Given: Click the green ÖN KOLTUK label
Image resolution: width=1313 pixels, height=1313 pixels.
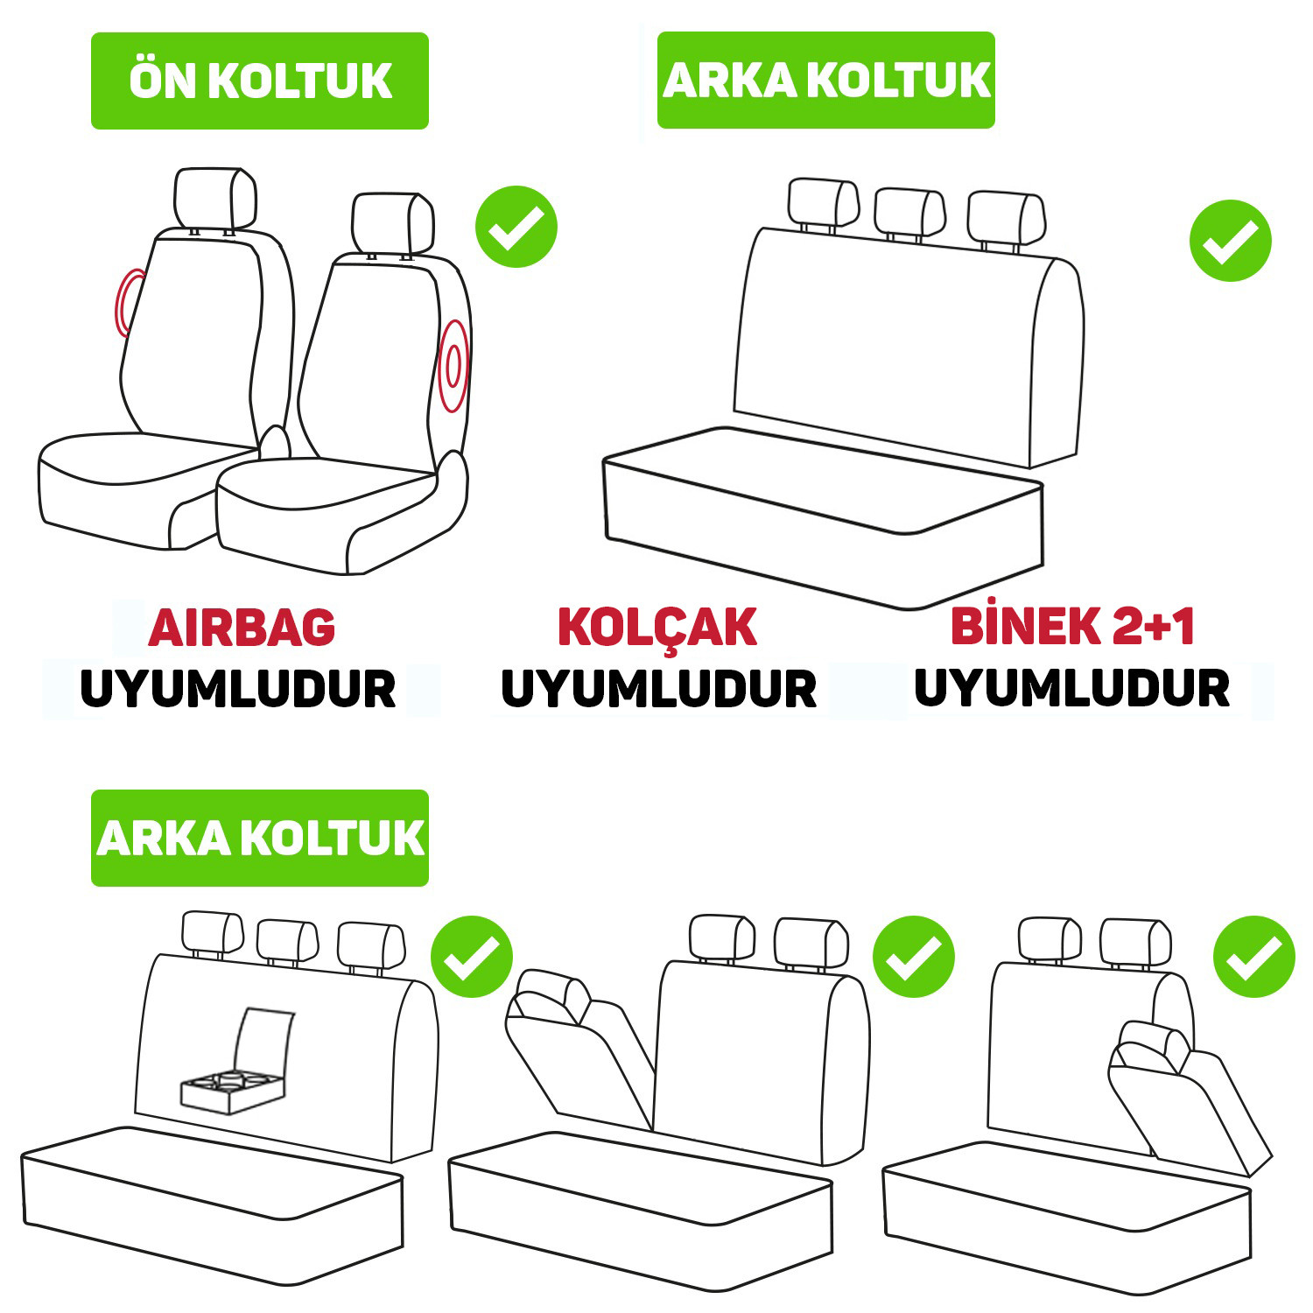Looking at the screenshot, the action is tap(260, 81).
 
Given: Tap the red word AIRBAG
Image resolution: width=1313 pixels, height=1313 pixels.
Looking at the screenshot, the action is tap(242, 628).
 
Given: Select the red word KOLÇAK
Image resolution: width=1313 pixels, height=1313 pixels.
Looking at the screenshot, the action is tap(657, 628).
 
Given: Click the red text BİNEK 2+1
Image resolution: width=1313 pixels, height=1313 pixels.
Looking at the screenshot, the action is tap(1072, 626).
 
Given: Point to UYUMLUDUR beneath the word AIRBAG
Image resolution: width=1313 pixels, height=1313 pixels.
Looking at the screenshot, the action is tap(238, 689).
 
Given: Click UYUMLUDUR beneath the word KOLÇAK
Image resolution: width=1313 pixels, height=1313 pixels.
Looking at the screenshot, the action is tap(659, 689).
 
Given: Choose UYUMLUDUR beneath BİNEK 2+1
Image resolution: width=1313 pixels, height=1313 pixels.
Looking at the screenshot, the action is tap(1072, 687).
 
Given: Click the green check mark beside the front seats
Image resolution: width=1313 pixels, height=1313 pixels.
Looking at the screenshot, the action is tap(516, 227).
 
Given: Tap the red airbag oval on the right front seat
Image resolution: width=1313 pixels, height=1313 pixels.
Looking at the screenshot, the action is tap(453, 366).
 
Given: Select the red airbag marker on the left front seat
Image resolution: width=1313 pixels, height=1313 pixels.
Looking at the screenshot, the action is tap(123, 302).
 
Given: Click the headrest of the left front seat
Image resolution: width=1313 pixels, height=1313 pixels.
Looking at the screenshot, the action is tap(215, 198).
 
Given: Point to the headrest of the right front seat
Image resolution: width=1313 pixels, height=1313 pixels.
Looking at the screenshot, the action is tap(393, 222).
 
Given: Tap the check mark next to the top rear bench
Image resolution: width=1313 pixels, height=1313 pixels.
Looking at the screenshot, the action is tap(1230, 241).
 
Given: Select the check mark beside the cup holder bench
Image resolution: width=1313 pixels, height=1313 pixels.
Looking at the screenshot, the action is tap(472, 957).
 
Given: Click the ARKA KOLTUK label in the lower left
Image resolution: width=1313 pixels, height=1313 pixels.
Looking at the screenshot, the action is tap(260, 838).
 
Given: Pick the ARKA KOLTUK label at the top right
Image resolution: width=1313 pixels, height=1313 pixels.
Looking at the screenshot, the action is tap(826, 80).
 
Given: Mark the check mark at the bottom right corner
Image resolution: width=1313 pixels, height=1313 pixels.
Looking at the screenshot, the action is tap(1253, 957).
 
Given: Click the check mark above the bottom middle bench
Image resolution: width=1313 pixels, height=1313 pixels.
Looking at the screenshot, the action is tap(914, 957).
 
